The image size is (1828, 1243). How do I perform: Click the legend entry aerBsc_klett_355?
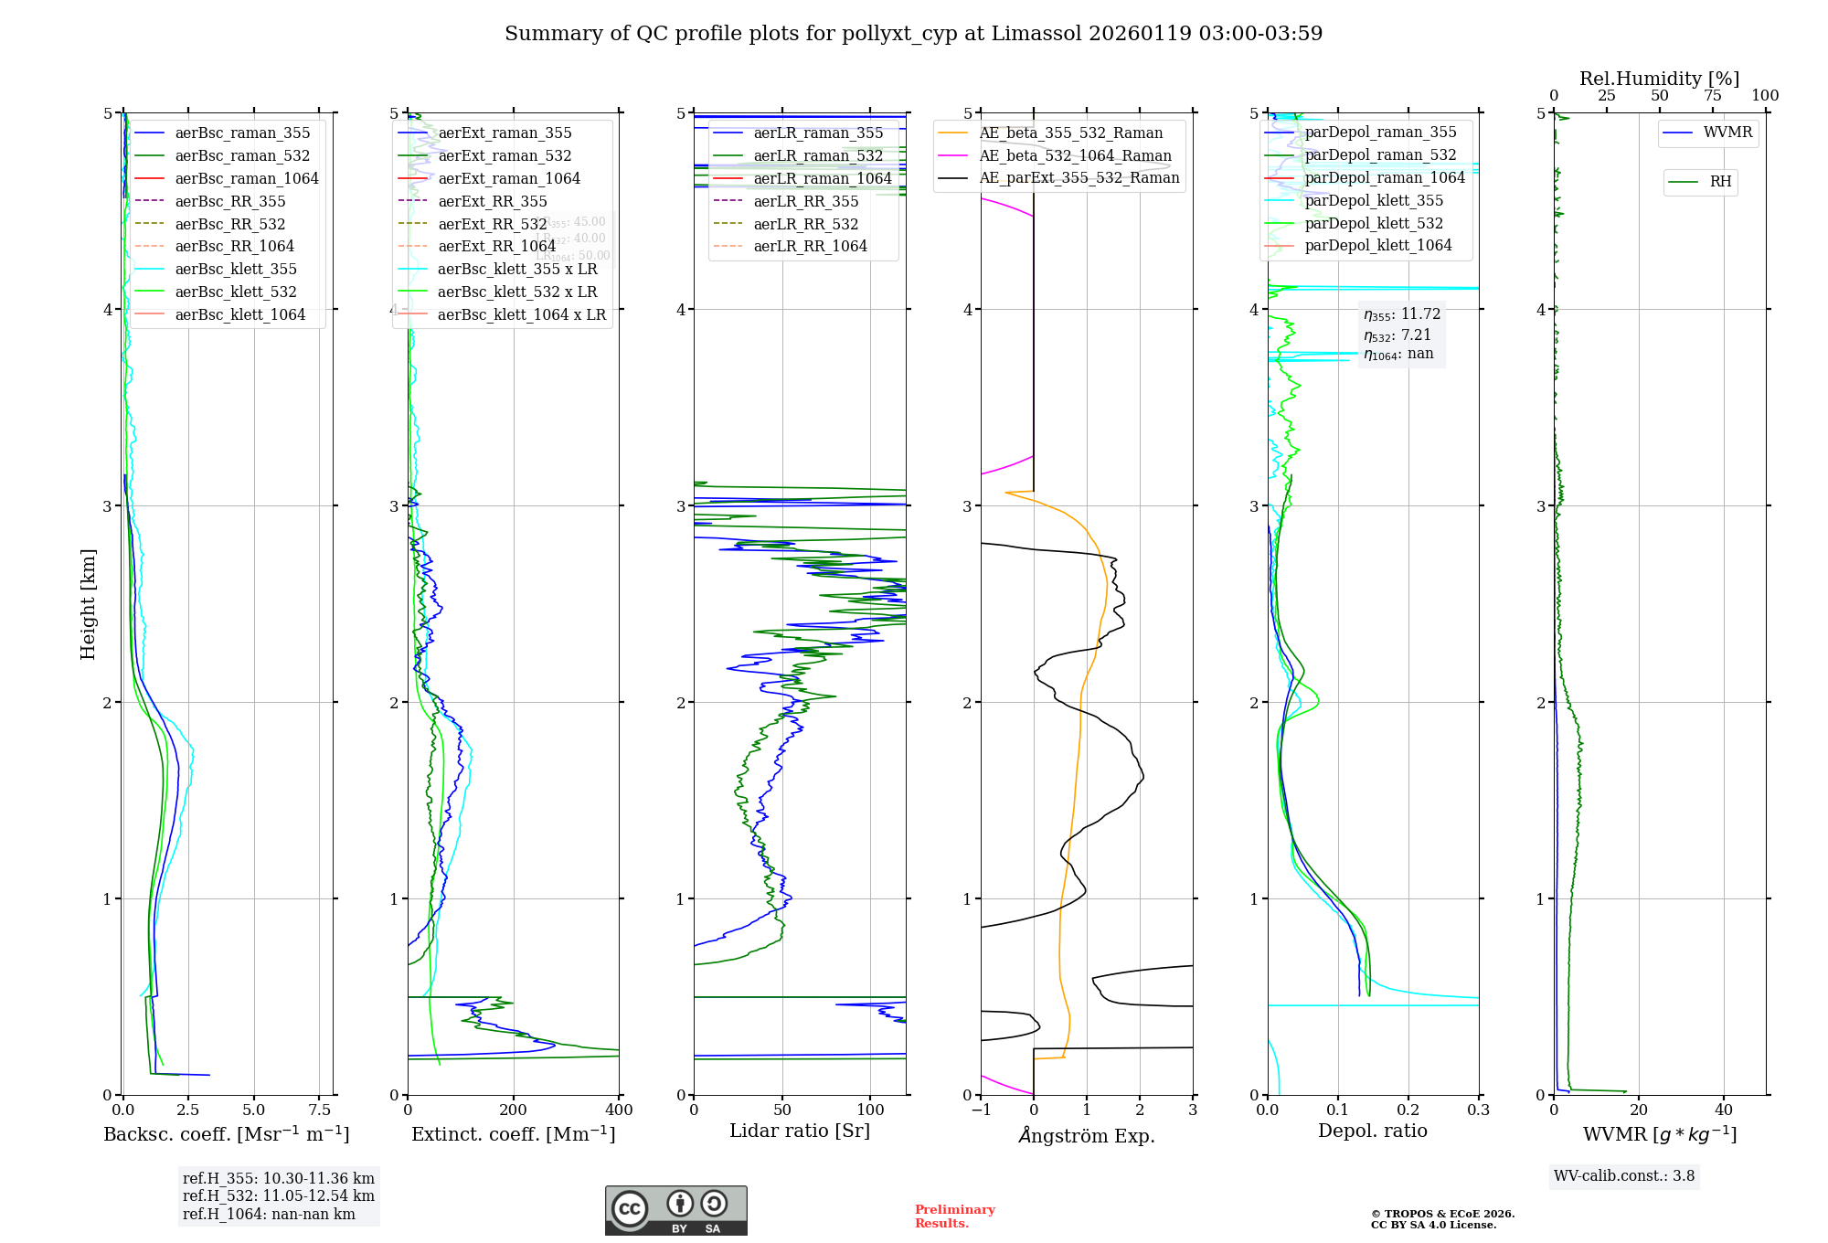235,269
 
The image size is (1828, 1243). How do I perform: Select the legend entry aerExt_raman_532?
505,155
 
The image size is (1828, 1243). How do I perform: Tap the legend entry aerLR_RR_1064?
810,246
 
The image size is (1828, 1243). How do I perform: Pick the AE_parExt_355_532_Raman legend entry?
1079,177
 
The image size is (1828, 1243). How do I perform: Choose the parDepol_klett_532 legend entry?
1373,223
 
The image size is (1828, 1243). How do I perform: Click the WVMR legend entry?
1727,133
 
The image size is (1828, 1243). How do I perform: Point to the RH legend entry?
1720,182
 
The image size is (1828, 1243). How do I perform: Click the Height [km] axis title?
88,603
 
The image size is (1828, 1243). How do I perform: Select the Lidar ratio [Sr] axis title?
800,1131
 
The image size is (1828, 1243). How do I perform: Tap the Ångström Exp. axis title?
1087,1135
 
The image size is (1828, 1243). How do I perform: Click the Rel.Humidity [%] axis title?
1659,79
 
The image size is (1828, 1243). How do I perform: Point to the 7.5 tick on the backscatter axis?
320,1110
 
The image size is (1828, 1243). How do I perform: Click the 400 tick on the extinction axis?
619,1110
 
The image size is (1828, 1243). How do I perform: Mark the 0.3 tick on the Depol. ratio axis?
1478,1110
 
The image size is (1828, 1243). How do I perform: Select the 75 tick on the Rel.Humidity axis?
1712,95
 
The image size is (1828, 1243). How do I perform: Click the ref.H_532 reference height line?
278,1195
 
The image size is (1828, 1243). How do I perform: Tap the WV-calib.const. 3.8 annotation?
1624,1176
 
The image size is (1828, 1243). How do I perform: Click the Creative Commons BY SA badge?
675,1210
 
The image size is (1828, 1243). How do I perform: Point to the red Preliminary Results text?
954,1216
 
